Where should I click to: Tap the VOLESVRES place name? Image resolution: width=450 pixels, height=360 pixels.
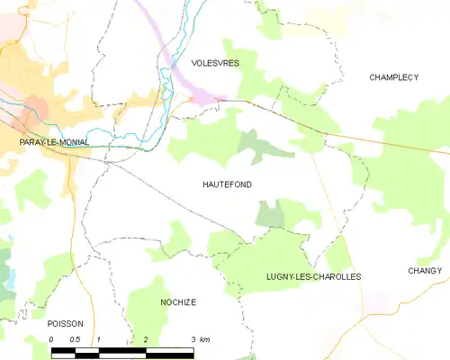[x=215, y=63]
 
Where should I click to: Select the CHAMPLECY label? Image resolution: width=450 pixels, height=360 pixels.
[x=394, y=77]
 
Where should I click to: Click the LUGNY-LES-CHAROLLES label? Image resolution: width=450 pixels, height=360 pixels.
[x=314, y=276]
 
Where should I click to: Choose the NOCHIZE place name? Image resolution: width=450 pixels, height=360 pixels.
[x=178, y=302]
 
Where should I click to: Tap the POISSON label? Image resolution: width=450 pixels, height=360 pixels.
[x=65, y=323]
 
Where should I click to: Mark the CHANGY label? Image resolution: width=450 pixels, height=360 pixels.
[x=425, y=271]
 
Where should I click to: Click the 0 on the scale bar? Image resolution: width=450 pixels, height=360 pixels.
[x=52, y=339]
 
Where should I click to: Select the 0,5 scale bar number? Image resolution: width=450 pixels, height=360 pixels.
[x=75, y=339]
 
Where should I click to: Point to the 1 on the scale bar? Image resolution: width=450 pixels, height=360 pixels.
[x=98, y=339]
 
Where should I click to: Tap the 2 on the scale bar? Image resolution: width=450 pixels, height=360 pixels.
[x=145, y=339]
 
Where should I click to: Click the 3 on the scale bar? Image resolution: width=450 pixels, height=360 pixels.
[x=193, y=339]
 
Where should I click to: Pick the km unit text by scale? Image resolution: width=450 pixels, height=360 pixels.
[x=205, y=339]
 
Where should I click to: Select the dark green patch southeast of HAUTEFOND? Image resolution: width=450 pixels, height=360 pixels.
[x=270, y=214]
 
